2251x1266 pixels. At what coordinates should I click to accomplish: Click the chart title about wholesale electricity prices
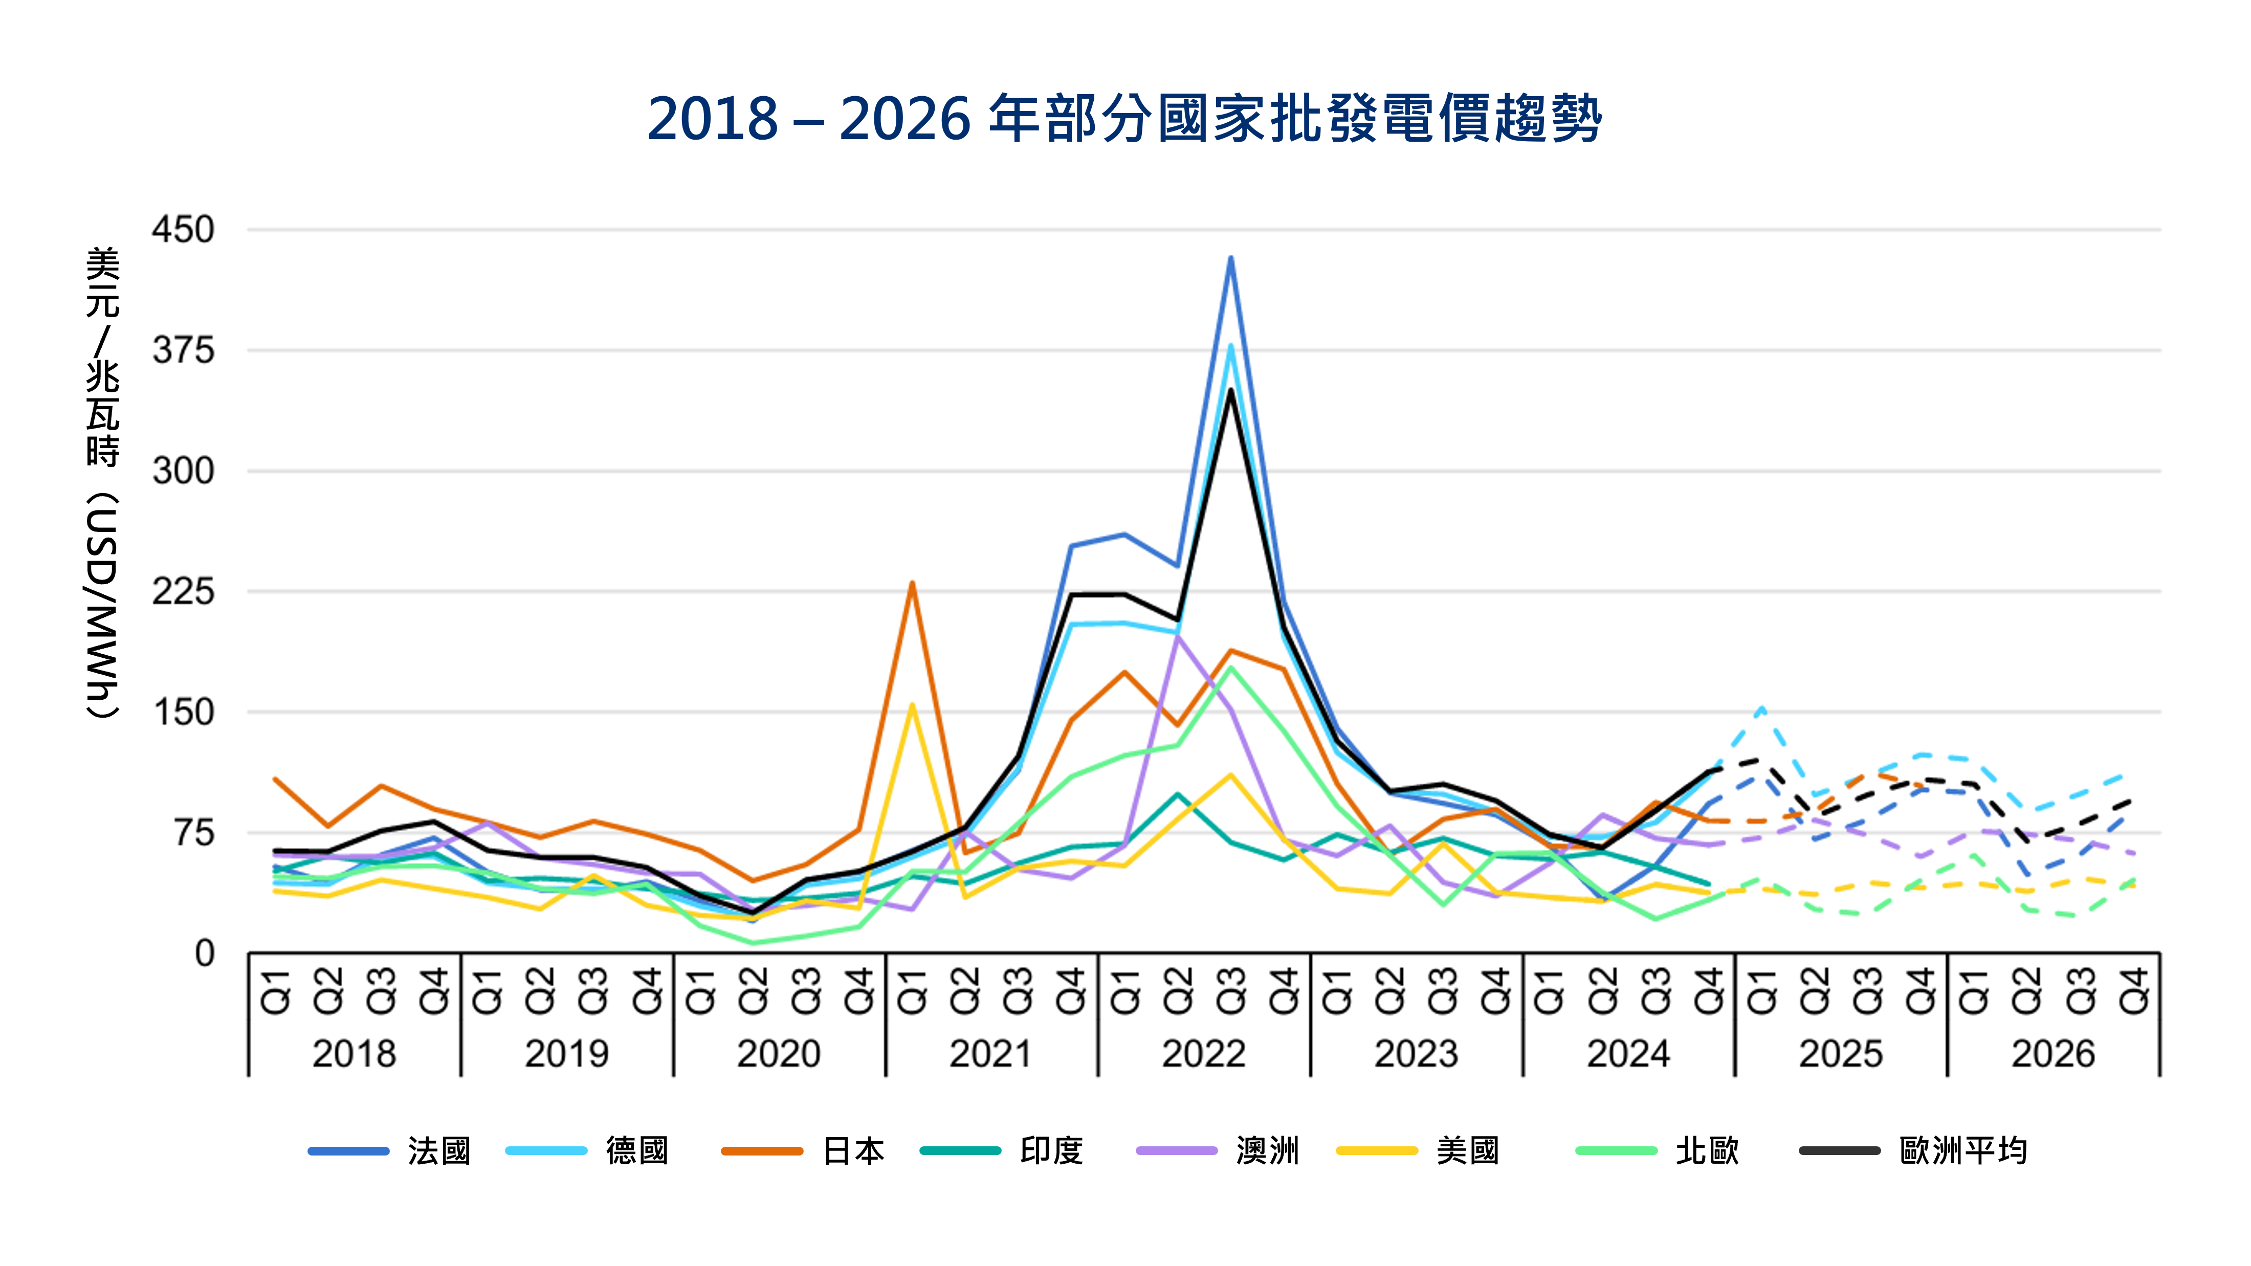(1124, 118)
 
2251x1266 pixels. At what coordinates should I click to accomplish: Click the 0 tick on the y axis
(205, 953)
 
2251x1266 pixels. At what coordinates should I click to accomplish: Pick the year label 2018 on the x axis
(354, 1054)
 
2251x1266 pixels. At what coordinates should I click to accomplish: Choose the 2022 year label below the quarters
(1203, 1054)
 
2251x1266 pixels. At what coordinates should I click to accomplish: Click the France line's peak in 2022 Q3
(1230, 258)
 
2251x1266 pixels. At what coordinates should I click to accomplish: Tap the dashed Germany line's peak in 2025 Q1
(1761, 708)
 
